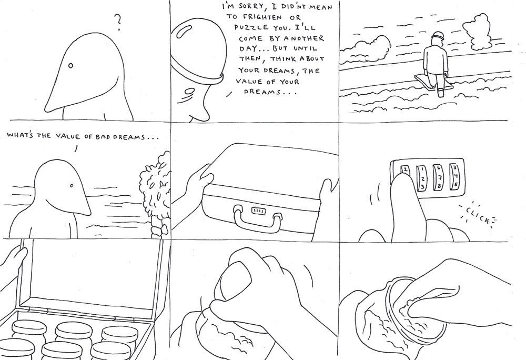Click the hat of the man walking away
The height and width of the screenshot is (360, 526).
(436, 37)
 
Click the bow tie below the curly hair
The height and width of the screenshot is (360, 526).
(156, 229)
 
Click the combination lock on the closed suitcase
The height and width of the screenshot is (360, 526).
(259, 211)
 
